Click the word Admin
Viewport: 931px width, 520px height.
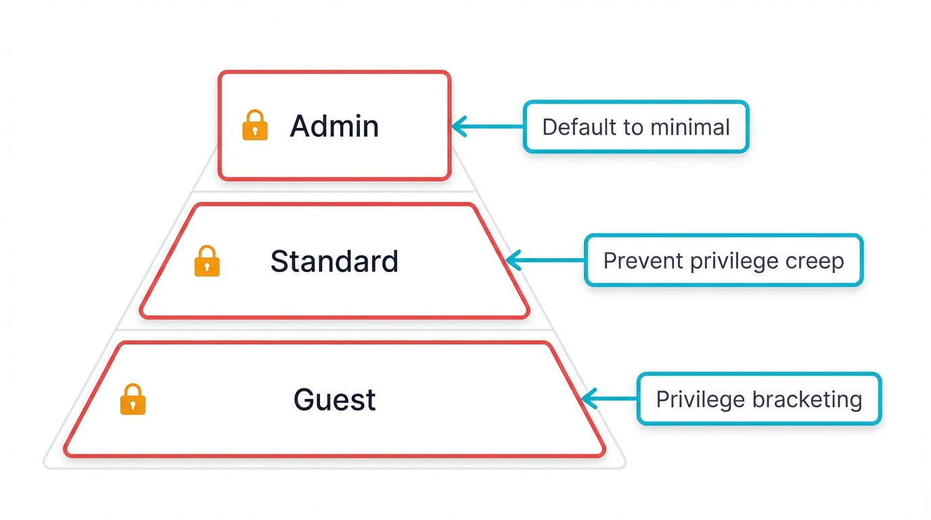[x=334, y=127]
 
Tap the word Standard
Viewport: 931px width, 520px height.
[x=334, y=261]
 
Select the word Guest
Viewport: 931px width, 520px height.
[x=334, y=399]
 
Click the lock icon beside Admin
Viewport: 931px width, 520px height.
[x=254, y=126]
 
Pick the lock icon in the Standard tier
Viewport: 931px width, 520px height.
[x=207, y=261]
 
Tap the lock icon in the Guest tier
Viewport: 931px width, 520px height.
[x=133, y=399]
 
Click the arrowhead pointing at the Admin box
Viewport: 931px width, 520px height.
[x=458, y=127]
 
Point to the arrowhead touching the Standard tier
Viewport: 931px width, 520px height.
[x=513, y=260]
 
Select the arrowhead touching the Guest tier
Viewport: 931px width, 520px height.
[x=587, y=399]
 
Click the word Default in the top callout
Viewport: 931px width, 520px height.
[x=575, y=127]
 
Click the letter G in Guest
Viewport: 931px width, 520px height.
[x=304, y=399]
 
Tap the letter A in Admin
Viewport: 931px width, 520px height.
[x=300, y=127]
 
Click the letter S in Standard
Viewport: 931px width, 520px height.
[x=278, y=261]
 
